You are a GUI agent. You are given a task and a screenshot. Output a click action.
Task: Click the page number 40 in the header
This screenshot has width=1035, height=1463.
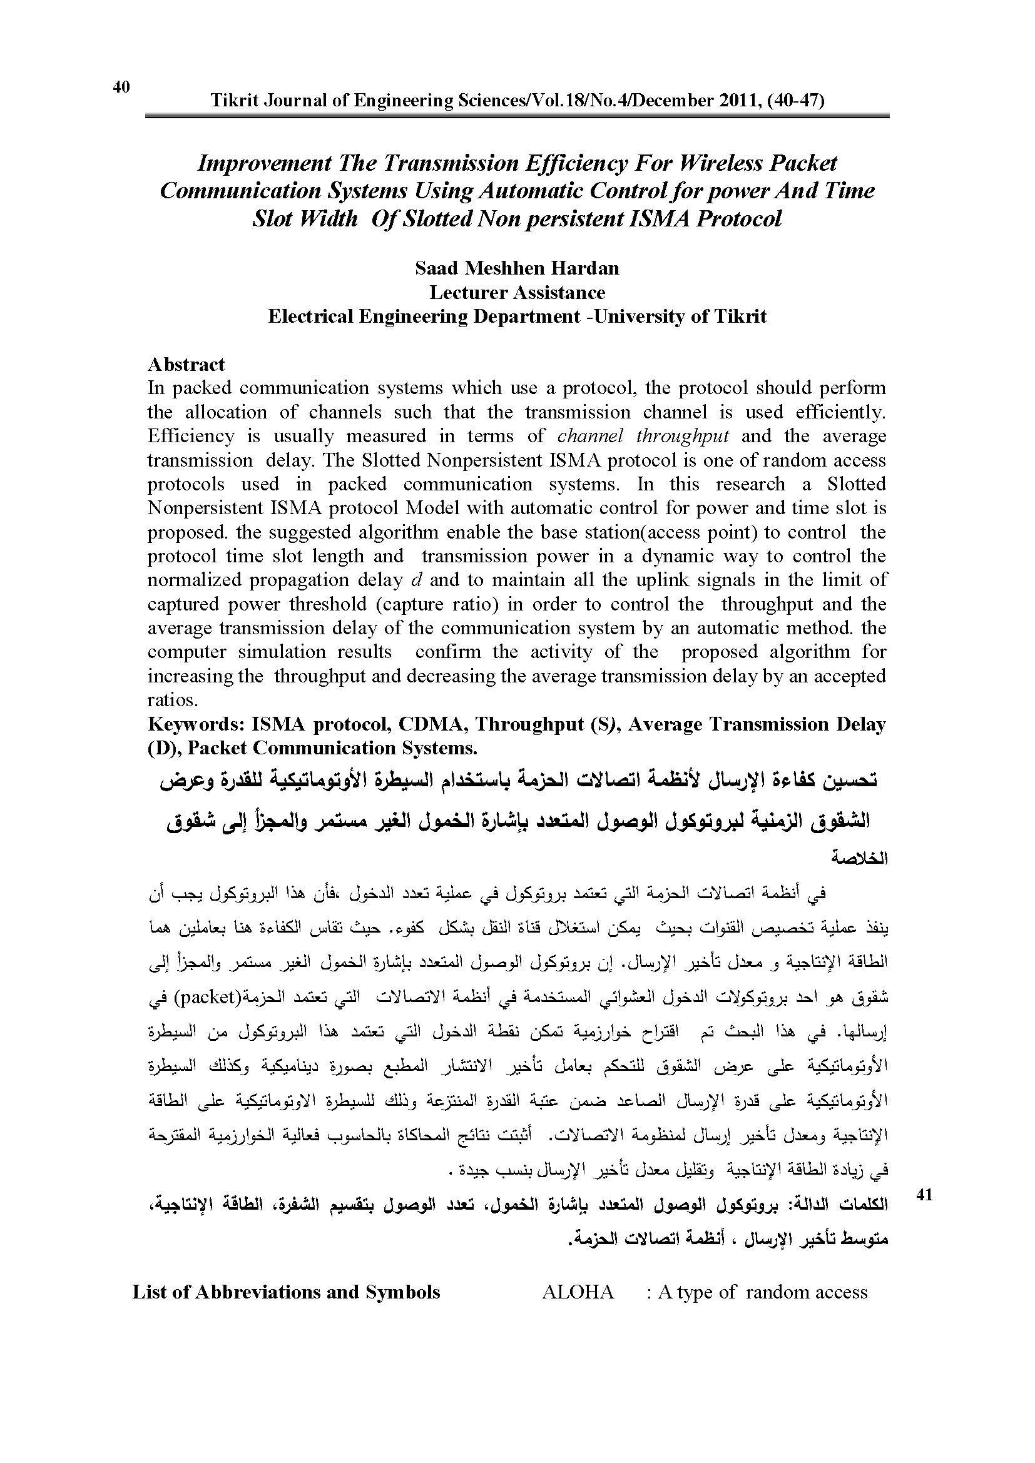[121, 87]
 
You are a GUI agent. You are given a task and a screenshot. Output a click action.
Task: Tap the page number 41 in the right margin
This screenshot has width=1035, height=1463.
[924, 1195]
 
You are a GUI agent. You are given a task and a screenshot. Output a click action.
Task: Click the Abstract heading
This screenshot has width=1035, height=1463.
[186, 365]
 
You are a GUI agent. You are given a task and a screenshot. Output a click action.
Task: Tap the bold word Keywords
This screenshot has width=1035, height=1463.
[196, 724]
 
